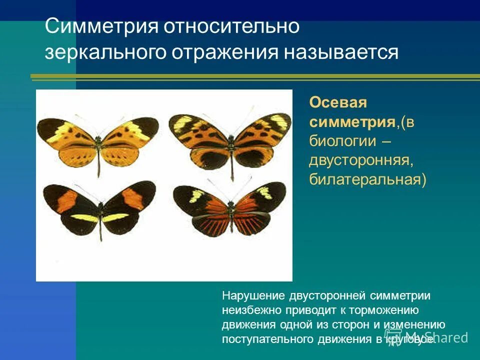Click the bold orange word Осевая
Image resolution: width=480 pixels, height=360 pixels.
point(338,103)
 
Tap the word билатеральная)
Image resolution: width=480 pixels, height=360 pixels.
point(368,179)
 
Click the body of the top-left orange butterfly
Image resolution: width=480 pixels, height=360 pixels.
point(99,145)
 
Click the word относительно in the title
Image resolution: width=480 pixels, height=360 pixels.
point(230,26)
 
